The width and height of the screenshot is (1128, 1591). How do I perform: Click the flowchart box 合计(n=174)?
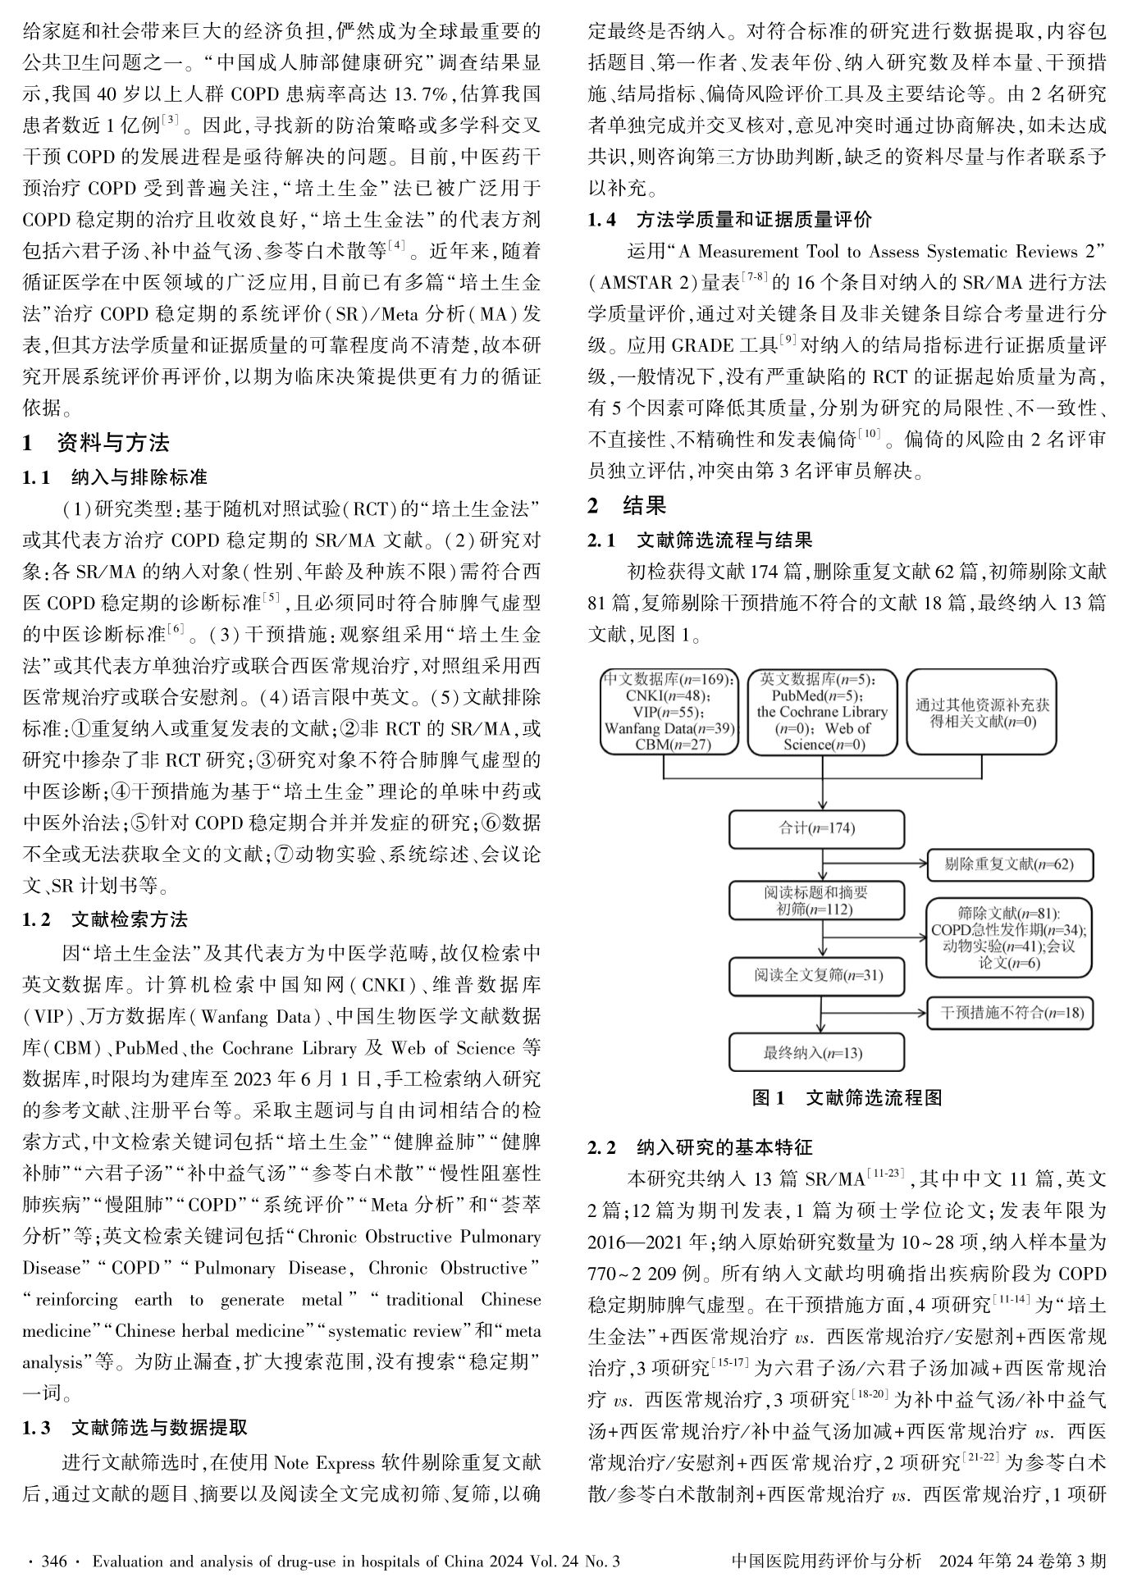816,828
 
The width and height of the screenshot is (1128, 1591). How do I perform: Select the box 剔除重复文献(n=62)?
1009,864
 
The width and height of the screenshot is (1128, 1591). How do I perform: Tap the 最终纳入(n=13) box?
816,1052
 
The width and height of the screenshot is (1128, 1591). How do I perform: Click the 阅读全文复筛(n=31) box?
817,975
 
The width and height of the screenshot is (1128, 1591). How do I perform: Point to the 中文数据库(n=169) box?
669,712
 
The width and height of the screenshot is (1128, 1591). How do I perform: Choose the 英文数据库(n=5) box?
822,712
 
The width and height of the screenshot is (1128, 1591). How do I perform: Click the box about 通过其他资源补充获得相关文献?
981,712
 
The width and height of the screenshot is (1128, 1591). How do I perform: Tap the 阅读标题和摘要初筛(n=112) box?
816,900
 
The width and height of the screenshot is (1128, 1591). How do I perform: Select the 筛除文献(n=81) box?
1009,937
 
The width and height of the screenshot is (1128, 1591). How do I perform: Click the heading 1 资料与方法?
96,443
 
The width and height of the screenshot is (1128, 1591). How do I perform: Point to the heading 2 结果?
628,505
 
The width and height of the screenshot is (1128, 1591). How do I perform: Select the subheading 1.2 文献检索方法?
105,919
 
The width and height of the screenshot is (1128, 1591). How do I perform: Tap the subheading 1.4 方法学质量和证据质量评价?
729,219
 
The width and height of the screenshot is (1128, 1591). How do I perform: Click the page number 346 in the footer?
53,1561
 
